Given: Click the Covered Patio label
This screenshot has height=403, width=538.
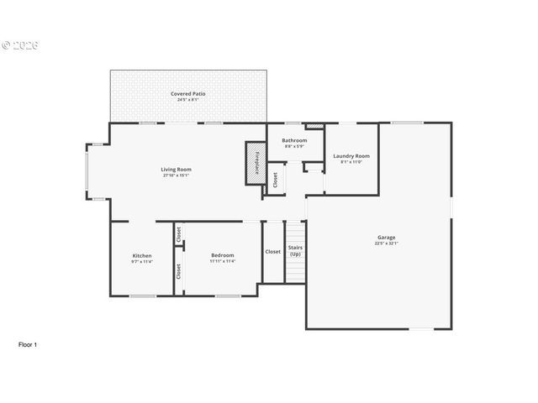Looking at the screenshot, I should coord(188,94).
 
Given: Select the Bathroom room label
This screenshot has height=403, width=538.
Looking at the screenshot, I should coord(294,140).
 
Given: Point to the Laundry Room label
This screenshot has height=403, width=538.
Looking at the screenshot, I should coord(351,156).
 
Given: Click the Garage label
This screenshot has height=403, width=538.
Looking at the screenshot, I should coord(386,237).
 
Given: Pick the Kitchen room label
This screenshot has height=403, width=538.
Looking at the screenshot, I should coord(142,255).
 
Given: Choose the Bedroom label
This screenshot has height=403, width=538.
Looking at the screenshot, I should coord(223,255).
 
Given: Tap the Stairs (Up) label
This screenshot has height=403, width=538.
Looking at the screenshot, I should coord(295,250).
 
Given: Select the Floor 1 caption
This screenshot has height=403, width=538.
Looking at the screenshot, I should coord(28,344).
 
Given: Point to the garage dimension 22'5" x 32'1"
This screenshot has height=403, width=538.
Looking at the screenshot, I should coord(386,243).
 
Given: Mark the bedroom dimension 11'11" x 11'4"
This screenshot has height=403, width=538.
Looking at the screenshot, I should coord(223,261).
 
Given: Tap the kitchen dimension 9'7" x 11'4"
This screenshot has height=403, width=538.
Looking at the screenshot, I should coord(142,261).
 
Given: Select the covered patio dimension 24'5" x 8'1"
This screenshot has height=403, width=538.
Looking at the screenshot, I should coord(188,100).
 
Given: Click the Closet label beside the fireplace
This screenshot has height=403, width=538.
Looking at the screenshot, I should coord(274,179).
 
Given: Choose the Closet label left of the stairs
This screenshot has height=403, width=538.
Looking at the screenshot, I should coord(273,252).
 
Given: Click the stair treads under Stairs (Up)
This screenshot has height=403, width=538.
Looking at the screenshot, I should coord(295,269).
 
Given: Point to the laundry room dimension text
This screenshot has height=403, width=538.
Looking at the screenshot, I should coord(351,162).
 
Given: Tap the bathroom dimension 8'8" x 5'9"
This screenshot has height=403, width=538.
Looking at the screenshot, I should coord(294,146).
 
